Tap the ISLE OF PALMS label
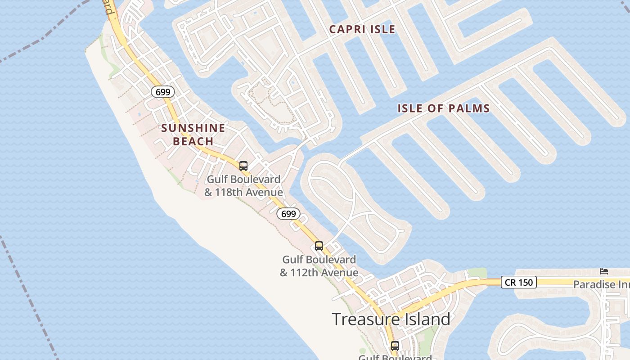(x=443, y=108)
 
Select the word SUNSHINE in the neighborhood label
(x=193, y=128)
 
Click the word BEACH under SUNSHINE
(x=193, y=142)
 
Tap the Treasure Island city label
(x=391, y=319)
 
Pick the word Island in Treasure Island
(x=422, y=319)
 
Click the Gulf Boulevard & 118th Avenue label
(x=243, y=186)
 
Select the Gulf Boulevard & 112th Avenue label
(x=319, y=266)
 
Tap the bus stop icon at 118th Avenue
(x=243, y=166)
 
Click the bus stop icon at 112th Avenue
(x=319, y=246)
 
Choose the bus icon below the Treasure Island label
(x=395, y=346)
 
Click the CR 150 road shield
(x=518, y=283)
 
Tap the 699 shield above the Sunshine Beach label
(x=162, y=92)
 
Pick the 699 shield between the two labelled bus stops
(x=288, y=214)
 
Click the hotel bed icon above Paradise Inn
(x=604, y=271)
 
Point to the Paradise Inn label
(x=601, y=284)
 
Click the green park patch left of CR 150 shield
(x=477, y=273)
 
